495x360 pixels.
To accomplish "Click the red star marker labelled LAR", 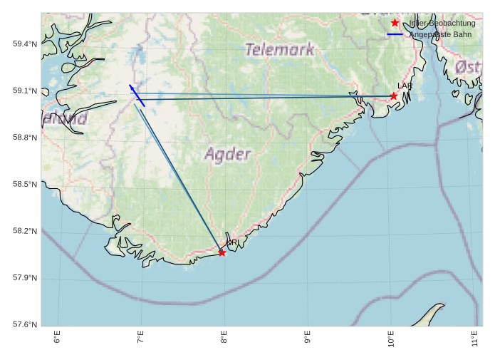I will [x=394, y=96].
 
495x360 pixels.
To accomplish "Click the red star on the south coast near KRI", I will [x=222, y=252].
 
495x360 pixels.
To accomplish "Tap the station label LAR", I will [x=405, y=86].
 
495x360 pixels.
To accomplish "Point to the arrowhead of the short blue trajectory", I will [x=130, y=86].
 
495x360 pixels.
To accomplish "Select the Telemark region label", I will [x=279, y=50].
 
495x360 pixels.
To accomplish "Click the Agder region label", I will [x=228, y=154].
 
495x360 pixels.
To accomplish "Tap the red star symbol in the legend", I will [x=395, y=23].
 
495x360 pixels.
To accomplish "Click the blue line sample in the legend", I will [x=395, y=34].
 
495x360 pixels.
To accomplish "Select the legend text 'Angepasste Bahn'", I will [x=439, y=34].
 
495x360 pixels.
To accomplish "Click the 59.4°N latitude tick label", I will [x=25, y=44].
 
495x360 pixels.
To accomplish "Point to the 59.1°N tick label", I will [x=25, y=91].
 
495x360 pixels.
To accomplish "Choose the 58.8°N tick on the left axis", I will [x=25, y=138].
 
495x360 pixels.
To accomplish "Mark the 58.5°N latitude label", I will [x=25, y=185].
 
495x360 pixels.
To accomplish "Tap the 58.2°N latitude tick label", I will [x=25, y=231].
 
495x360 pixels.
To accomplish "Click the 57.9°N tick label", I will [x=25, y=278].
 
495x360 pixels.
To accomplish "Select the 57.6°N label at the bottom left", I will [x=25, y=324].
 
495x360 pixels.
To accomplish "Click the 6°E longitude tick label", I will [x=58, y=337].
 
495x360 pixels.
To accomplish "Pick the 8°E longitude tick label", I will [x=224, y=337].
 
